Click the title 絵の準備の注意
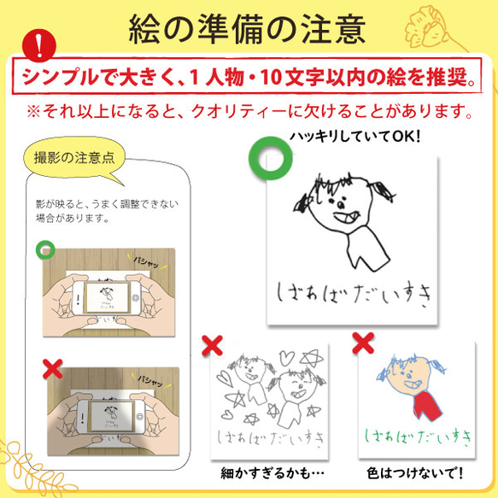(248, 28)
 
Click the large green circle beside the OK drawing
(272, 155)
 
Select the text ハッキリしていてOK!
(355, 139)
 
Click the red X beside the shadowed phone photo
(52, 369)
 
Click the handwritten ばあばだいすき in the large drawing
(349, 290)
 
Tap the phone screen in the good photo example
(108, 301)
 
